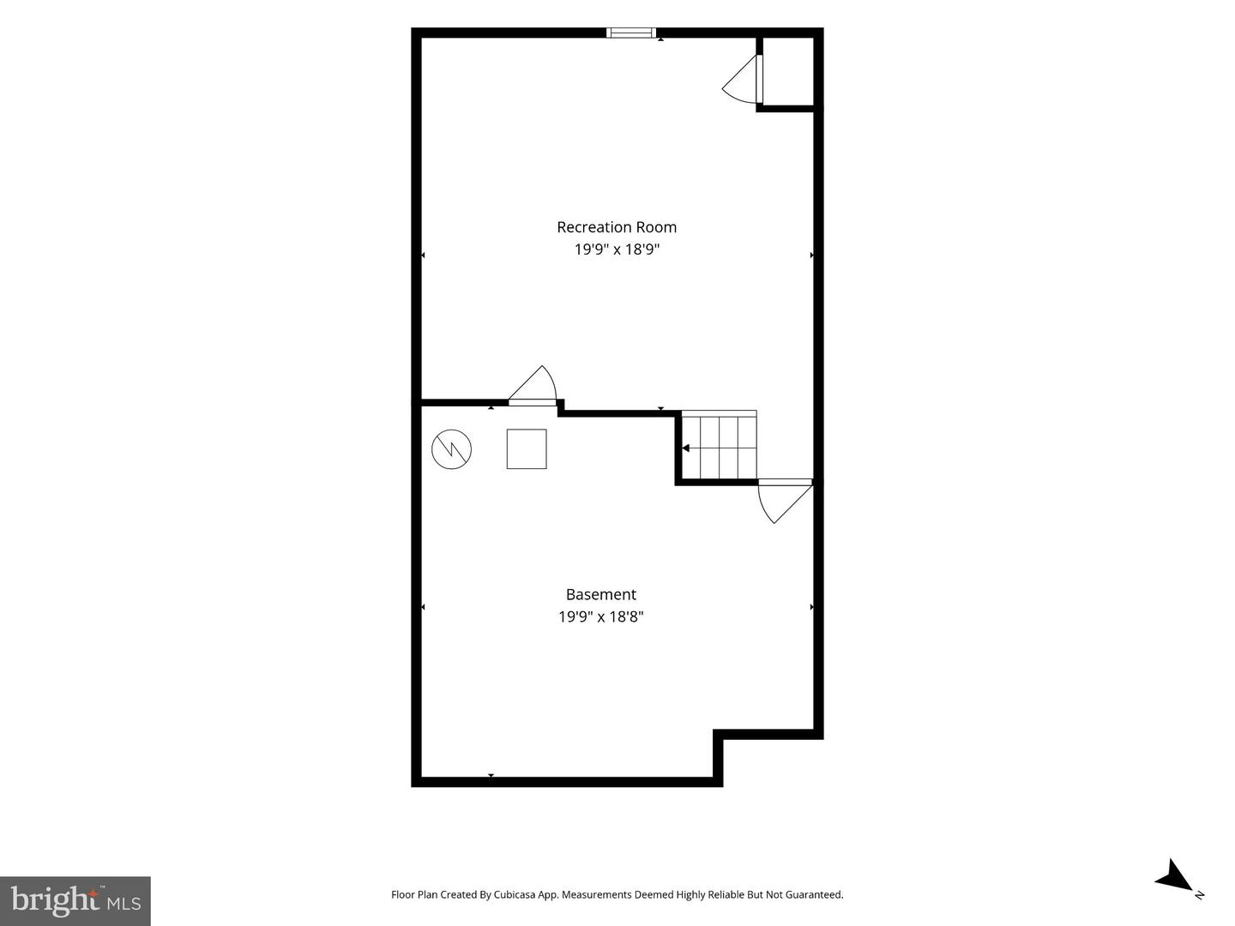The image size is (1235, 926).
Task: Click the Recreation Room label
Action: click(x=617, y=227)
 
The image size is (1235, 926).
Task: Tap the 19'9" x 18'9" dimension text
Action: click(x=617, y=249)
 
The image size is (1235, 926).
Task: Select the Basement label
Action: click(x=601, y=594)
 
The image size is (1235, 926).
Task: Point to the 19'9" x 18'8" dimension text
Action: click(x=601, y=616)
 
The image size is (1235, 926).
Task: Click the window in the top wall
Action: click(x=630, y=33)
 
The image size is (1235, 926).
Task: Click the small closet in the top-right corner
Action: click(x=787, y=71)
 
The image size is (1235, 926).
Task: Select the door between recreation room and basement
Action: click(x=533, y=386)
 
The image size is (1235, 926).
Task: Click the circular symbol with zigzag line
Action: click(x=451, y=449)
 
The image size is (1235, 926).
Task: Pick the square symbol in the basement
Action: click(x=527, y=448)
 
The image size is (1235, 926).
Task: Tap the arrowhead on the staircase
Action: click(x=685, y=448)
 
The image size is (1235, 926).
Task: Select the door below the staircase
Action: click(x=785, y=501)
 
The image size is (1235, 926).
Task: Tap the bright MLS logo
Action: click(x=75, y=900)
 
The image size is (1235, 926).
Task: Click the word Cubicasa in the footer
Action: click(x=515, y=894)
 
